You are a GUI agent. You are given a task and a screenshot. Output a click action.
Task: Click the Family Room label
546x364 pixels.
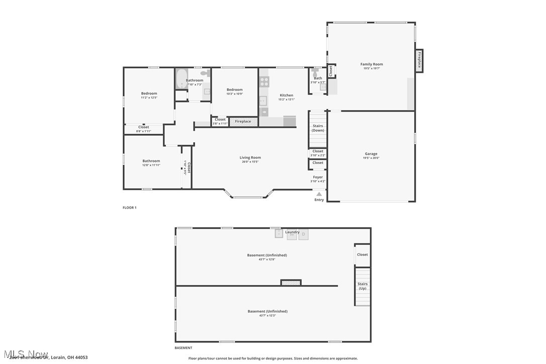point(372,64)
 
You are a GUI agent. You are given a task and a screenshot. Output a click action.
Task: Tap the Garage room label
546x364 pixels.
point(371,154)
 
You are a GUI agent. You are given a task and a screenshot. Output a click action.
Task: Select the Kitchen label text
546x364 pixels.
point(286,95)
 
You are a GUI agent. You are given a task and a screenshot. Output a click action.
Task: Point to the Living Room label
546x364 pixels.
point(250,157)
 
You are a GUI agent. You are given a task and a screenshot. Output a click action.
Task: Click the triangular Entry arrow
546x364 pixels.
point(319,194)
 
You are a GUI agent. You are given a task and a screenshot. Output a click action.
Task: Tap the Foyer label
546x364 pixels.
point(318,177)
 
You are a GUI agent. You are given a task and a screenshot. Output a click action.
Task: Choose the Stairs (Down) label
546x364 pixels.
point(318,128)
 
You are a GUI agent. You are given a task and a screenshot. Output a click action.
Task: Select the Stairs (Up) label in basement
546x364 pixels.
point(362,286)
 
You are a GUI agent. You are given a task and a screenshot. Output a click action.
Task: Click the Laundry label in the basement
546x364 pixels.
point(292,232)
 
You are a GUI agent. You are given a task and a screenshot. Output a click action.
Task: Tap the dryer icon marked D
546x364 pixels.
point(303,234)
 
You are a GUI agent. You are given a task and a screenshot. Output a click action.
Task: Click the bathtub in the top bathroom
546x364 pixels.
point(181,79)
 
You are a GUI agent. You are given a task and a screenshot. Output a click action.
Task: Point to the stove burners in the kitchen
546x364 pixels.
point(264,81)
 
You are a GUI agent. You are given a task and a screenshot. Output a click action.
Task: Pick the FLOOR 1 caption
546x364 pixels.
point(129,208)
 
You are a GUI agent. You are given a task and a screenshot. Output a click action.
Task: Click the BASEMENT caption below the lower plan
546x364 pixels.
point(183,348)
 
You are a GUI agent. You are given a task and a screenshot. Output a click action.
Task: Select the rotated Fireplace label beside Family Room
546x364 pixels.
point(419,60)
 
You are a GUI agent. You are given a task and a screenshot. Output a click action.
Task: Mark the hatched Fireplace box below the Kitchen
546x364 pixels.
point(243,121)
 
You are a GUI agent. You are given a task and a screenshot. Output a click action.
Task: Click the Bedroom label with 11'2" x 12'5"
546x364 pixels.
point(149,94)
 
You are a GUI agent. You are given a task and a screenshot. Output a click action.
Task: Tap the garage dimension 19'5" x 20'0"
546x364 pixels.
point(371,158)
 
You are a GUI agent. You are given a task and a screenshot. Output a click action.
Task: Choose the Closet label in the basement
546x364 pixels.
point(362,254)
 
